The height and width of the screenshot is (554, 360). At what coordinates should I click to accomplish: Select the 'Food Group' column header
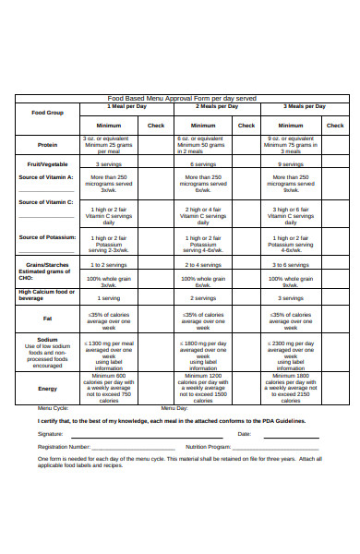click(47, 113)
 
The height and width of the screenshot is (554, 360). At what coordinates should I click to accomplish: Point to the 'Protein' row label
click(47, 145)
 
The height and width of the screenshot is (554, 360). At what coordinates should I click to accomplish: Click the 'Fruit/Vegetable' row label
click(47, 163)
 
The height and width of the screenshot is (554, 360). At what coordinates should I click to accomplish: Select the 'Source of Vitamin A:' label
click(46, 176)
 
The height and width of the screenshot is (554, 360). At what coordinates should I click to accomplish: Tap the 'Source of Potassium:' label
click(47, 237)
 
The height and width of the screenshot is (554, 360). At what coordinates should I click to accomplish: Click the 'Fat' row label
click(47, 319)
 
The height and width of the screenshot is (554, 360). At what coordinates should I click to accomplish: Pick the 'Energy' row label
click(47, 389)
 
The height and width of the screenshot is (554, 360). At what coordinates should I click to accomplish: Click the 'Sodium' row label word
click(47, 339)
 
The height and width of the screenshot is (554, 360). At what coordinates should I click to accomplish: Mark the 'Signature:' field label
click(51, 433)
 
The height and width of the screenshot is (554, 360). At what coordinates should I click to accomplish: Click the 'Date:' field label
click(244, 433)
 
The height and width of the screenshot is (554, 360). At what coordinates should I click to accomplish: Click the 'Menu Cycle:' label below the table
click(53, 407)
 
